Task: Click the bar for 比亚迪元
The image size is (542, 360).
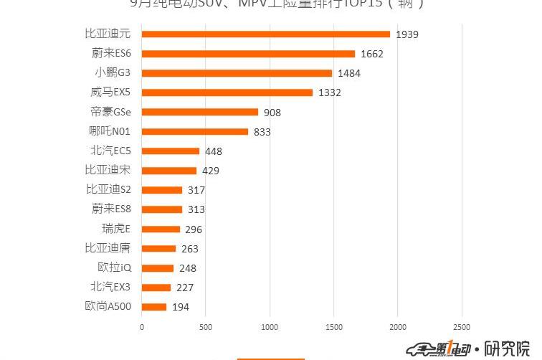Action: tap(265, 34)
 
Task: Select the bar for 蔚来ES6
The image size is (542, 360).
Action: tap(248, 54)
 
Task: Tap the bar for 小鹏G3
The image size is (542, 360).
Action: tap(237, 73)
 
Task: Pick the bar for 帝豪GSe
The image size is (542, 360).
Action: tap(199, 112)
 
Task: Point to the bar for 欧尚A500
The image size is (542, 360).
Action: tap(154, 307)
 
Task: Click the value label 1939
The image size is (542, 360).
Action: tap(406, 34)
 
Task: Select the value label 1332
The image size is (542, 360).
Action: tap(330, 93)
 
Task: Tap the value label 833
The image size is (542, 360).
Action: tap(262, 132)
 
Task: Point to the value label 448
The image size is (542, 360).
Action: tap(214, 151)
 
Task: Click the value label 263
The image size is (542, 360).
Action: tap(190, 249)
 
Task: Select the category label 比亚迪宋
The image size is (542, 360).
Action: tap(108, 170)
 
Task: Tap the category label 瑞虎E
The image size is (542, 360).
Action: tap(116, 229)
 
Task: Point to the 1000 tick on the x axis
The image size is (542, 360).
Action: tap(270, 327)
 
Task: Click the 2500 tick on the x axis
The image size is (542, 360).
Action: tap(462, 327)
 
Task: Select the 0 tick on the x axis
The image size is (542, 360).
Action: tap(142, 327)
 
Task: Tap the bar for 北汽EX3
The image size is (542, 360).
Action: tap(156, 288)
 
